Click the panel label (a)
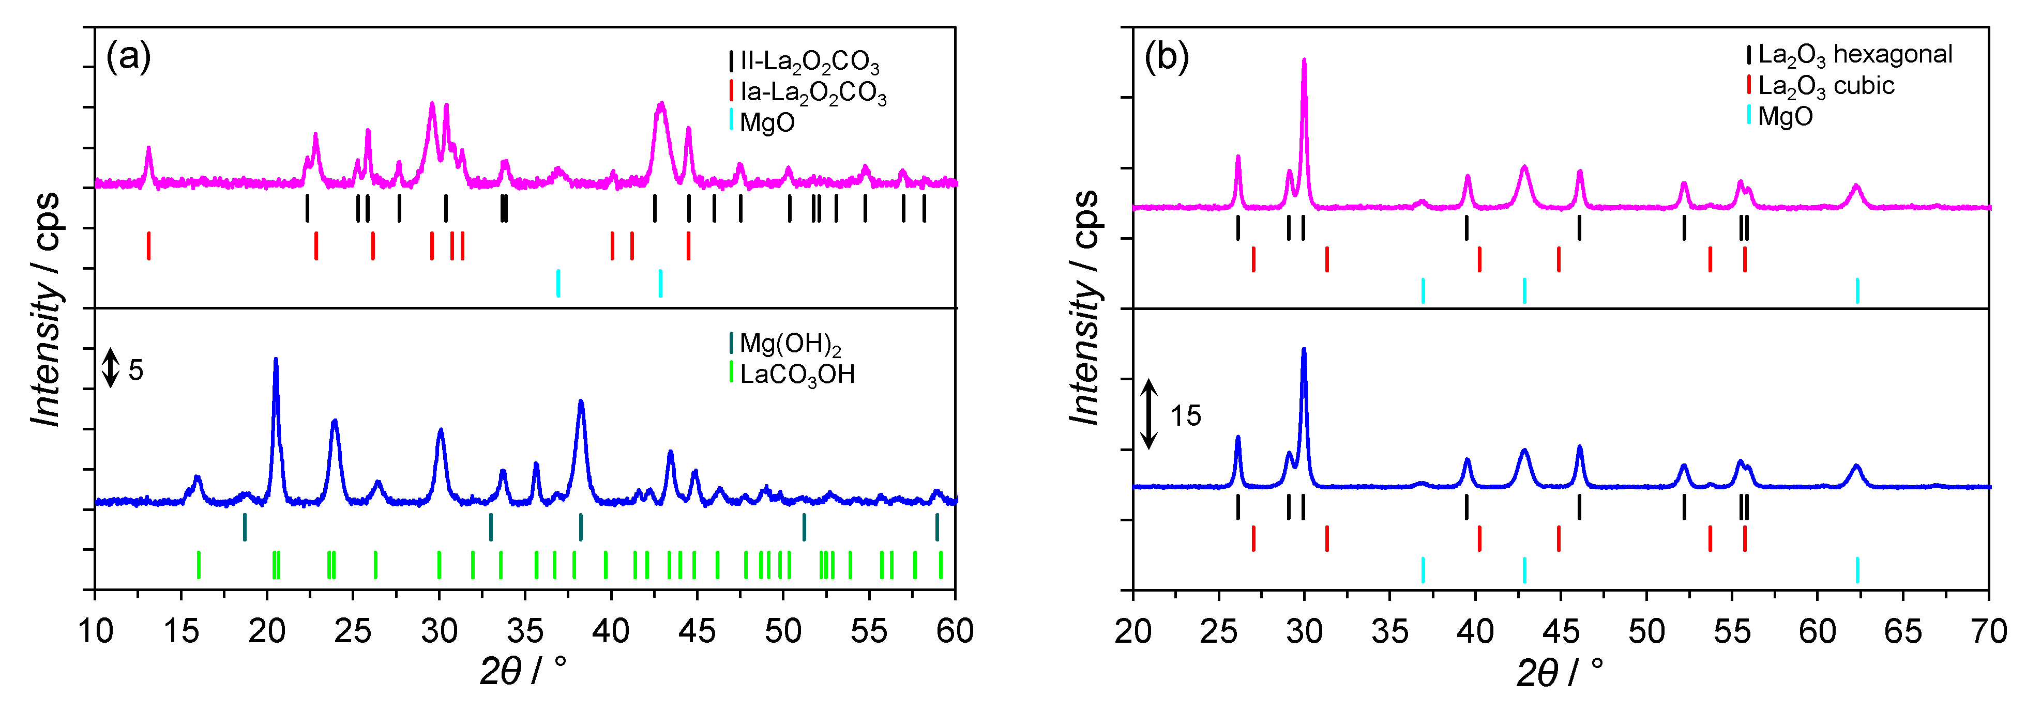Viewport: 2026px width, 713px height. pyautogui.click(x=128, y=57)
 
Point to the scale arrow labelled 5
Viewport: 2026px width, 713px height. pyautogui.click(x=111, y=368)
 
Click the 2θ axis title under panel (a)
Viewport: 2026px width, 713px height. pyautogui.click(x=523, y=671)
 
